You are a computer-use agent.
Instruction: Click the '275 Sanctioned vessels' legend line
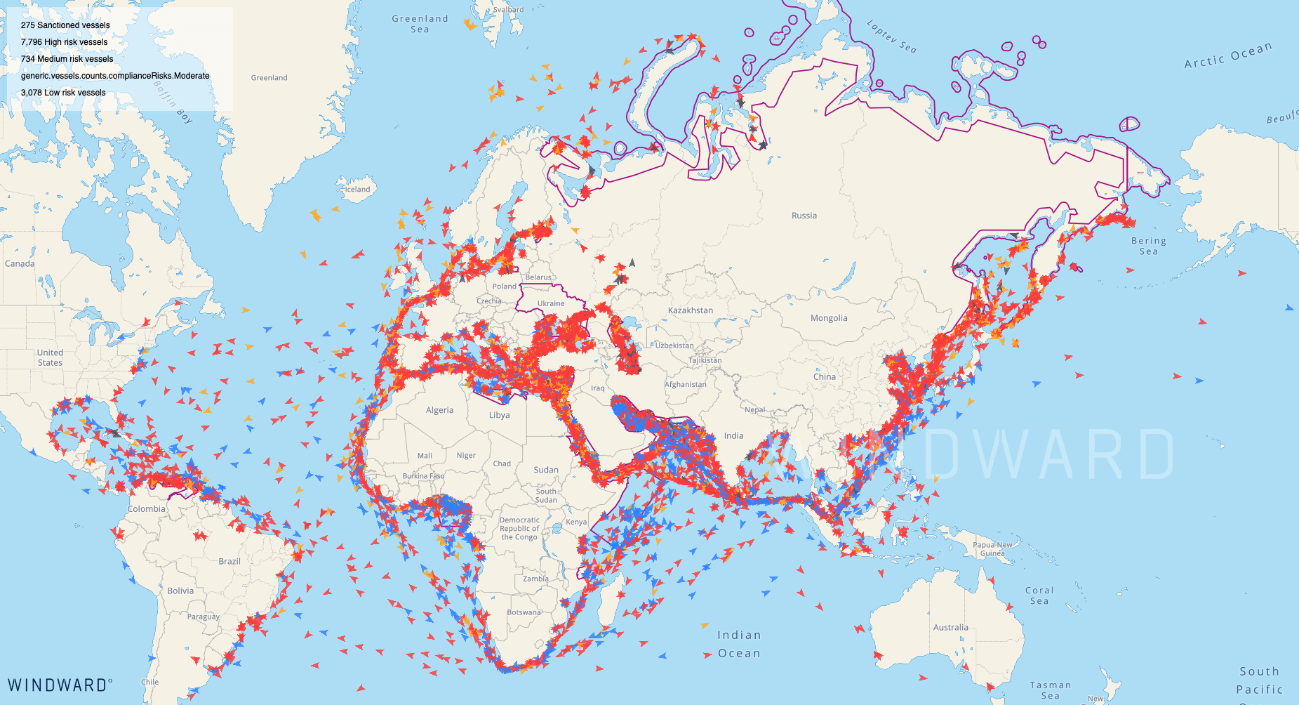pos(65,25)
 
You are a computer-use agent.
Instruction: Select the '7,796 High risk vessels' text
pos(64,42)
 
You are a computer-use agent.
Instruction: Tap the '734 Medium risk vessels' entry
pos(67,59)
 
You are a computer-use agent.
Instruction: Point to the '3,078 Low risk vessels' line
pos(63,93)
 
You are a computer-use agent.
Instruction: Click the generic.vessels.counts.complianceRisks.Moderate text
pos(115,76)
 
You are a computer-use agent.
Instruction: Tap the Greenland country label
pos(269,78)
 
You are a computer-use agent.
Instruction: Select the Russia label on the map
pos(804,216)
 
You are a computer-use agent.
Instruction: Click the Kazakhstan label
pos(690,310)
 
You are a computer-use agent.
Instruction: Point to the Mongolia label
pos(829,318)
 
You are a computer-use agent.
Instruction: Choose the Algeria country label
pos(439,410)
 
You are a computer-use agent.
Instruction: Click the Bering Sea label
pos(1148,246)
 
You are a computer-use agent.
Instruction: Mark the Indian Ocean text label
pos(738,644)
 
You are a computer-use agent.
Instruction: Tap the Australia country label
pos(950,628)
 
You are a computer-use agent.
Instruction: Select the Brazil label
pos(229,561)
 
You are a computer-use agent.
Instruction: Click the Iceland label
pos(357,190)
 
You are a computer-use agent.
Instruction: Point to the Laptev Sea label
pos(891,37)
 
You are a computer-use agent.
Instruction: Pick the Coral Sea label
pos(1039,595)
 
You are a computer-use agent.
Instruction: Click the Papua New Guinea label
pos(992,549)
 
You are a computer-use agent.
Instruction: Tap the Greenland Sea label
pos(420,24)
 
